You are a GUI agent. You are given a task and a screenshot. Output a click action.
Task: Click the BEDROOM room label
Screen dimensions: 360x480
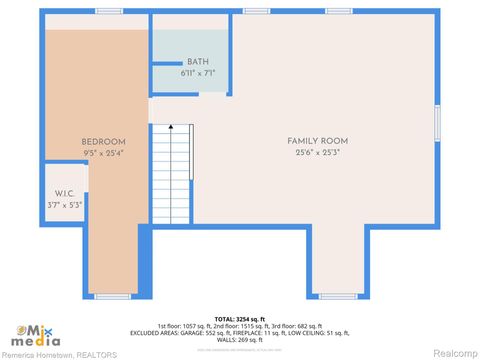click(104, 142)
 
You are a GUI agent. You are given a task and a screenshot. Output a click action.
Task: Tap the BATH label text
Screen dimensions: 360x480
click(198, 62)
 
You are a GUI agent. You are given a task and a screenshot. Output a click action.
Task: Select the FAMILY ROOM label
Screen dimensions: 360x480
click(317, 141)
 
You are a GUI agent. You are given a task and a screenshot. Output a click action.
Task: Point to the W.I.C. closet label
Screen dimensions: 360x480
click(65, 193)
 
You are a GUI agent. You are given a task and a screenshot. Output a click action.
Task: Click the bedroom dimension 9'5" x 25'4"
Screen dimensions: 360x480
click(104, 153)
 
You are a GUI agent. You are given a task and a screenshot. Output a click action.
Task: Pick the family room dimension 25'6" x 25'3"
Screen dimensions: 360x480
click(317, 153)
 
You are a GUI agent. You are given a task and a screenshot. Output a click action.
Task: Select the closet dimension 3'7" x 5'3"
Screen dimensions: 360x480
click(65, 205)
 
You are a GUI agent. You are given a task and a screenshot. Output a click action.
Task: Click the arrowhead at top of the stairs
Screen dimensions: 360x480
click(170, 127)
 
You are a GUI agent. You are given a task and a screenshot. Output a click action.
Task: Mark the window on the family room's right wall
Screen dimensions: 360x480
click(436, 123)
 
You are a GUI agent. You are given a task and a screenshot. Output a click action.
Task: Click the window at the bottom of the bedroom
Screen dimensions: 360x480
click(112, 296)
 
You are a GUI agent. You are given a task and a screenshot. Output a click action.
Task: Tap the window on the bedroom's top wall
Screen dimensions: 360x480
click(109, 11)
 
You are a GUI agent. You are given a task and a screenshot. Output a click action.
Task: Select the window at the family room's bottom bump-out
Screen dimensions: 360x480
click(337, 296)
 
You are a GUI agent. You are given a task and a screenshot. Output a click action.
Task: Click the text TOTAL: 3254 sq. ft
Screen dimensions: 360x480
click(239, 317)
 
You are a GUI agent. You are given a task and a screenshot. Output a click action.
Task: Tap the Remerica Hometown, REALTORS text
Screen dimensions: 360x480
click(60, 354)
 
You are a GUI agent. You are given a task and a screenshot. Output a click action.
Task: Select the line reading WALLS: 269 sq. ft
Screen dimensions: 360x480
click(239, 339)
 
